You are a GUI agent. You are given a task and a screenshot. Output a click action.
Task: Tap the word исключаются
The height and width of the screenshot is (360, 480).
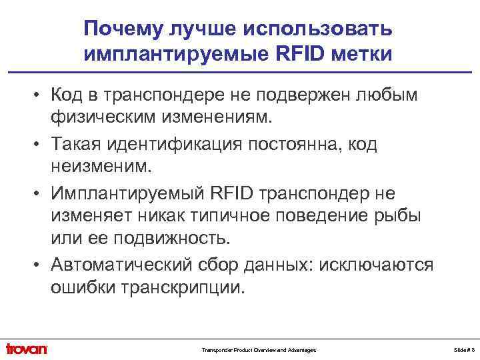tap(377, 265)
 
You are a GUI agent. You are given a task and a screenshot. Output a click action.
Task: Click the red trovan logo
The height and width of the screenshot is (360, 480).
tap(26, 349)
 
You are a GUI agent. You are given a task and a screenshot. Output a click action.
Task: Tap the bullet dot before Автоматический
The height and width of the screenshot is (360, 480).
tap(39, 265)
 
